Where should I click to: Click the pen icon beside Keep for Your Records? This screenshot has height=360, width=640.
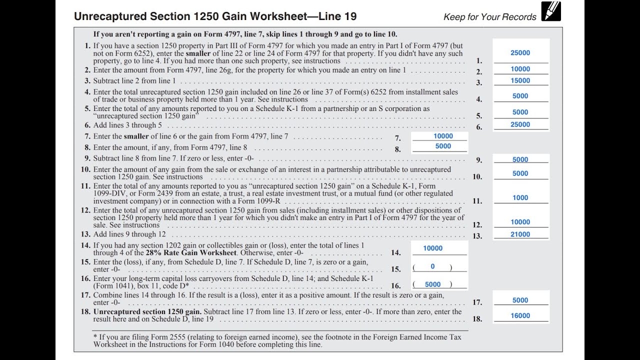(551, 11)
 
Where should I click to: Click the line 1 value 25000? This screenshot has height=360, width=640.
(520, 53)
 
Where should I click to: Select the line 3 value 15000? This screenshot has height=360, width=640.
(520, 80)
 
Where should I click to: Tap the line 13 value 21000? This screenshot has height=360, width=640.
(520, 234)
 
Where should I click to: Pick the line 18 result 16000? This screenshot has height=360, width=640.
(520, 316)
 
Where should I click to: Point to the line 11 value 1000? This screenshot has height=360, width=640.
(520, 198)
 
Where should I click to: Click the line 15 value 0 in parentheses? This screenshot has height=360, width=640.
(432, 267)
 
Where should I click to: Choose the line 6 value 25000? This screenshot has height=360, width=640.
(520, 124)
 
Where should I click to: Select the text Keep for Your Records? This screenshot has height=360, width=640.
(489, 17)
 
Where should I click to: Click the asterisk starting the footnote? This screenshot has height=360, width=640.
(95, 337)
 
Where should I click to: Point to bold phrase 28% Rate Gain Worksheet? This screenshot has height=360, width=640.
(191, 252)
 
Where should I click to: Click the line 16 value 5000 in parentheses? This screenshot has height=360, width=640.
(432, 284)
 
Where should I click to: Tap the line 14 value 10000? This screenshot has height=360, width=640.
(432, 248)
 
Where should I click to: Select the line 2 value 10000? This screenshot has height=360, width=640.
(520, 69)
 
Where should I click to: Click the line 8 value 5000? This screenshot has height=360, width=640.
(443, 146)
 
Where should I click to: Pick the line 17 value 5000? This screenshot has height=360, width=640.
(520, 300)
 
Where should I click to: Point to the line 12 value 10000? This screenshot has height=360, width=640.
(520, 222)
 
